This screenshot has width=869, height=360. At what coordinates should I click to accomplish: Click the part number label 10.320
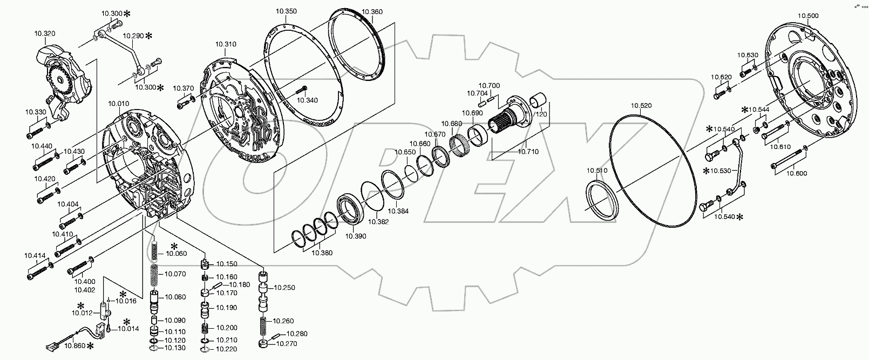pos(44,33)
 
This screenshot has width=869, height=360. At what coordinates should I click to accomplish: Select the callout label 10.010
pos(118,103)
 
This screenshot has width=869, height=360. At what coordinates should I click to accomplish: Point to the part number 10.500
pos(807,16)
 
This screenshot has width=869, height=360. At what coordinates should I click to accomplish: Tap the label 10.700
pos(489,85)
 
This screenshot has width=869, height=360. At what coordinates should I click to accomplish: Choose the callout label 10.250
pos(285,288)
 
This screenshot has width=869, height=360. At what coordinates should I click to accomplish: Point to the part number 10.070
pos(175,274)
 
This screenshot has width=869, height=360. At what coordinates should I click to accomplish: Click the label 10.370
pos(183,88)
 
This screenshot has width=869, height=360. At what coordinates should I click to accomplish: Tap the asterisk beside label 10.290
pos(148,36)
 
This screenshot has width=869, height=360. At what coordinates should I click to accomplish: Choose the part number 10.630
pos(748,55)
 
